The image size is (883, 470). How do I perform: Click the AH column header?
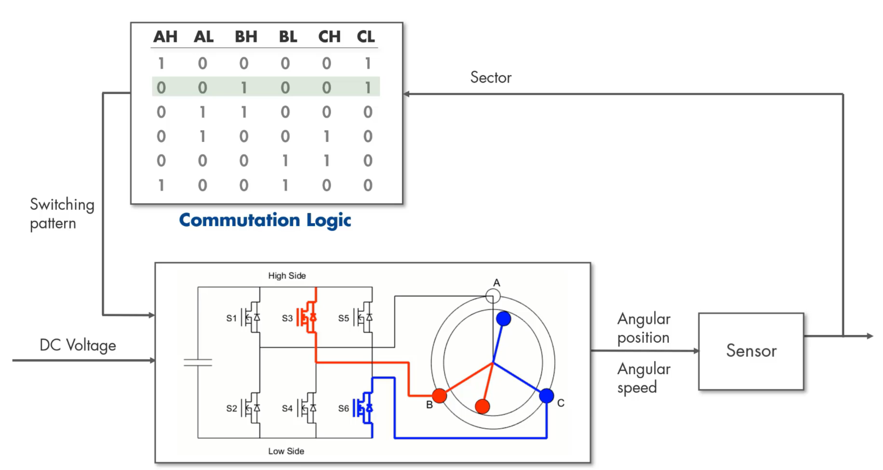[x=165, y=37]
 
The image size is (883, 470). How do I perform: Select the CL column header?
[x=366, y=37]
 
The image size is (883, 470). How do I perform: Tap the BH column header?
[x=246, y=37]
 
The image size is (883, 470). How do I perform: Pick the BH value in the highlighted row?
[x=244, y=87]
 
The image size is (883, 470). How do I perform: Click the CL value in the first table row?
[x=368, y=64]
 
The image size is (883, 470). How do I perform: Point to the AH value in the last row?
[x=161, y=185]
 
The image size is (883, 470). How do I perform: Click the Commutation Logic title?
[x=265, y=220]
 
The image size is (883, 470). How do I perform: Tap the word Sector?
[x=491, y=77]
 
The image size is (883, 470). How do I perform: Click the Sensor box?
[x=751, y=351]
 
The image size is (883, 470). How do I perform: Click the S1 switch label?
[x=231, y=318]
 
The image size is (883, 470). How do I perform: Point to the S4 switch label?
[x=287, y=409]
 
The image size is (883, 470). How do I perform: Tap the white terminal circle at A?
[x=493, y=296]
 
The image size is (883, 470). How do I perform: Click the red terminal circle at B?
[x=439, y=396]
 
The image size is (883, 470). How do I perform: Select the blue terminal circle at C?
[x=546, y=396]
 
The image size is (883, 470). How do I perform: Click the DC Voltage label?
[x=78, y=345]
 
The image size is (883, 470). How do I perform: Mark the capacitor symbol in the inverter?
[x=198, y=363]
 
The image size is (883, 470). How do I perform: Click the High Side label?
[x=287, y=276]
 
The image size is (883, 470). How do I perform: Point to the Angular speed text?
[x=644, y=378]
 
